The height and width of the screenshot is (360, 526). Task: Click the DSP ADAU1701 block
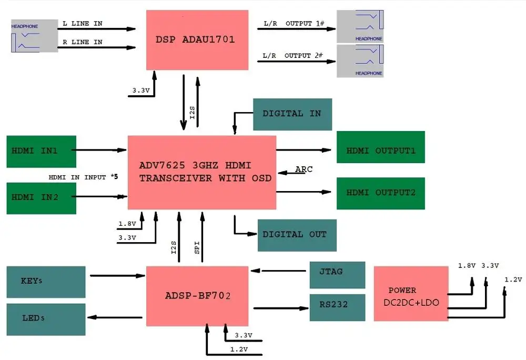tap(197, 40)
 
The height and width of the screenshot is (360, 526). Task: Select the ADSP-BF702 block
tap(197, 296)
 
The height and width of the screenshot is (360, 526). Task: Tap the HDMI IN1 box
tap(42, 151)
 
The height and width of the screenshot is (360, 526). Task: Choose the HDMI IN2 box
tap(42, 198)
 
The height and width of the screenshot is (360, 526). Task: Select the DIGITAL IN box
tap(292, 114)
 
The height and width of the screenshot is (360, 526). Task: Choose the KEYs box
tap(46, 282)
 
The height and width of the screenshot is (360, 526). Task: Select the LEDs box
tap(46, 319)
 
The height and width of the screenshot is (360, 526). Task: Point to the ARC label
tap(304, 169)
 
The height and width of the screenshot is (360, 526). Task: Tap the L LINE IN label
tap(83, 24)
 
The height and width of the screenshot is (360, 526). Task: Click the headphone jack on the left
tap(35, 36)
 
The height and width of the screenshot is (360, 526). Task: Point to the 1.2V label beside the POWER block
tap(513, 279)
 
